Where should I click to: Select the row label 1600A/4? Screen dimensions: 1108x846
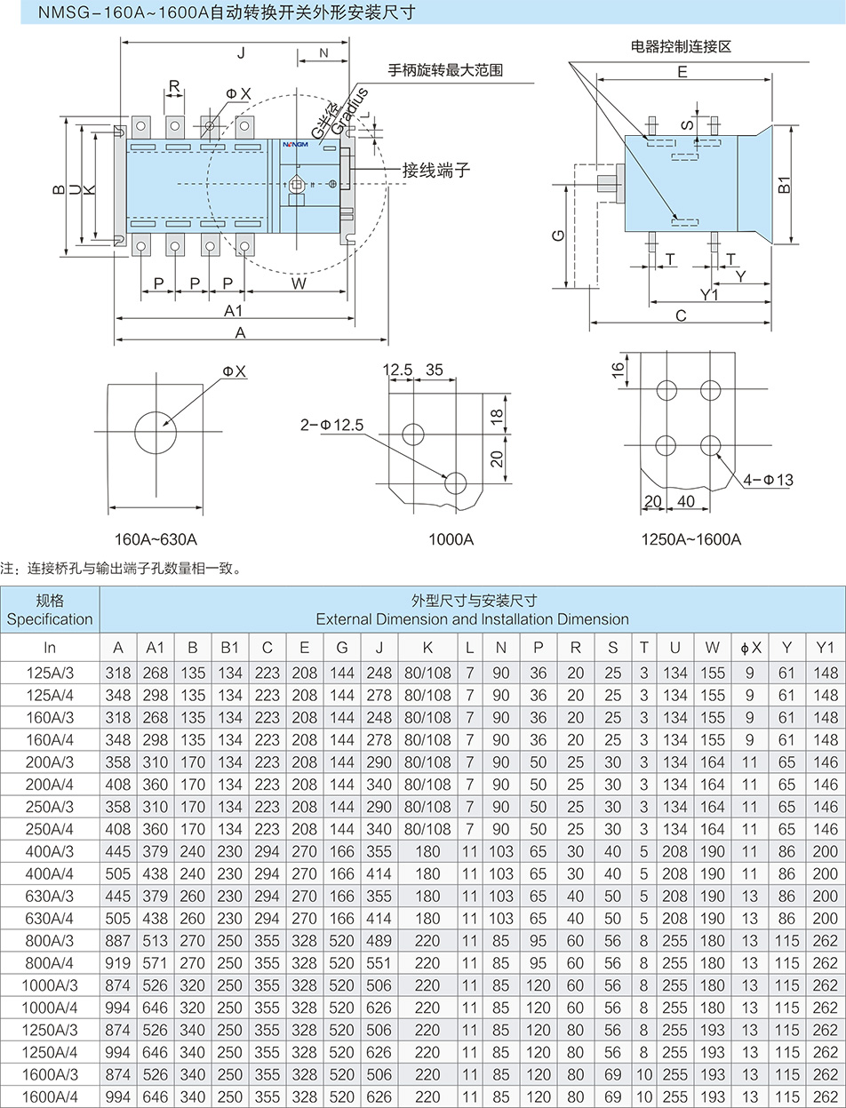(x=50, y=1096)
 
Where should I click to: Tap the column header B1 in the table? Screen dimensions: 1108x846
(x=230, y=649)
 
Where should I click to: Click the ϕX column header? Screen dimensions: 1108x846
(x=750, y=649)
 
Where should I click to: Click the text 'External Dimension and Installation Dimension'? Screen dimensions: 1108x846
(x=472, y=618)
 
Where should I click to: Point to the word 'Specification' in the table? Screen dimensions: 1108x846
(x=50, y=618)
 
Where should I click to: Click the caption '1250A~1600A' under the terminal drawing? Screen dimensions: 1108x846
(x=690, y=539)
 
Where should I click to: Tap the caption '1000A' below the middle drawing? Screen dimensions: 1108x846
(x=451, y=539)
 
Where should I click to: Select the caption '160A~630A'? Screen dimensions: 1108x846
(x=156, y=539)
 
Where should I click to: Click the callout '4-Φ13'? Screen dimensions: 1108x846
(x=768, y=480)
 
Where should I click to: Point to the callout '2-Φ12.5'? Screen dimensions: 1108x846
(x=331, y=426)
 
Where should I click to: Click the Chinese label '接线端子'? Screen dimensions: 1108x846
(x=435, y=170)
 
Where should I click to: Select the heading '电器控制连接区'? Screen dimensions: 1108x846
(x=680, y=47)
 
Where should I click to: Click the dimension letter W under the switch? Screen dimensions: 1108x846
(x=299, y=283)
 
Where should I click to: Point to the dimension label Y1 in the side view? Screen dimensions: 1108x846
(x=708, y=294)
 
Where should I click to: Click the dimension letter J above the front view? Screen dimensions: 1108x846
(x=241, y=54)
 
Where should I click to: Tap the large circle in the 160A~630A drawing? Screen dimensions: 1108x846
(x=156, y=433)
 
